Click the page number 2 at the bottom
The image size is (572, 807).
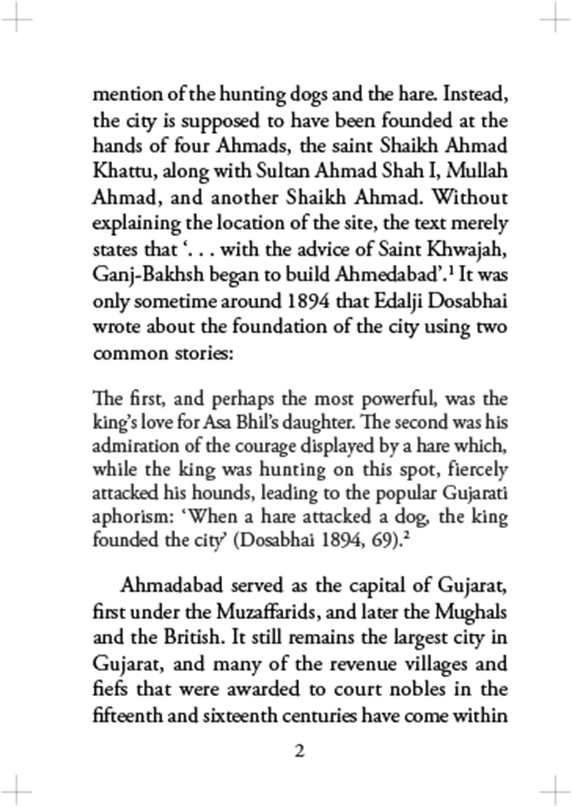[x=300, y=751]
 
